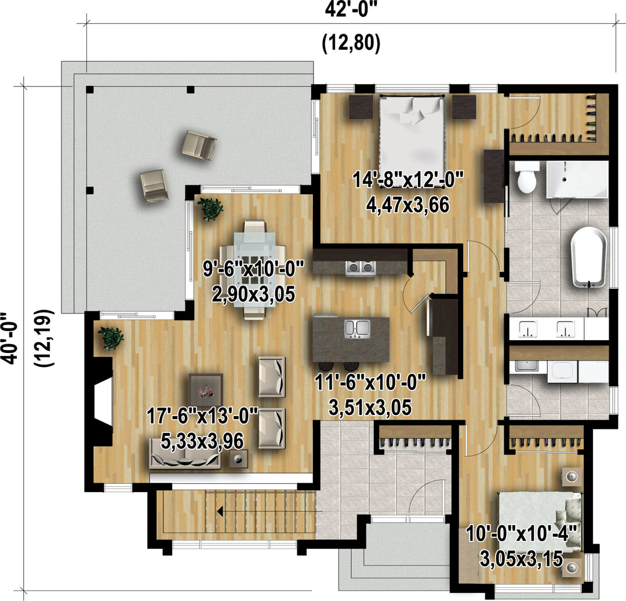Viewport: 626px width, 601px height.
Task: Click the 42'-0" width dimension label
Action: pos(351,10)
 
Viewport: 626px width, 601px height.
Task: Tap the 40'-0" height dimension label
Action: pos(10,338)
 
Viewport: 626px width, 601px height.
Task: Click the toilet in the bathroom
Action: pos(526,177)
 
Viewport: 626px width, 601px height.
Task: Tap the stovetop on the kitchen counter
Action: pos(361,268)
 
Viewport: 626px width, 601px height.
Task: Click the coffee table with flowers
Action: pos(206,389)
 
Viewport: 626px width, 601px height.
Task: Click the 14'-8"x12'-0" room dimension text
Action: pos(408,180)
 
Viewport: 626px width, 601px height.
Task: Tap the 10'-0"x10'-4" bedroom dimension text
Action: pos(522,533)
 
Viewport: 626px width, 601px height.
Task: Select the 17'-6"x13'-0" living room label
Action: pos(202,416)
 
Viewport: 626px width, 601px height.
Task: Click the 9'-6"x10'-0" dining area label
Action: pos(253,268)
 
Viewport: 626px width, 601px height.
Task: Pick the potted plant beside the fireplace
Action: pos(111,338)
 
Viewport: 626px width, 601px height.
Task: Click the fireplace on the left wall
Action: pos(102,402)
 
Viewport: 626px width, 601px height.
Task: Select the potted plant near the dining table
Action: pos(210,209)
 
